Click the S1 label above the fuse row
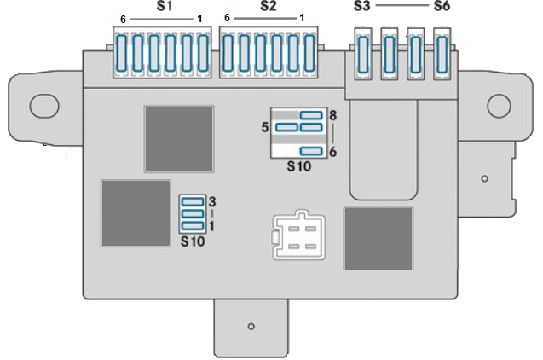click(x=165, y=6)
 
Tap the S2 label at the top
click(x=268, y=6)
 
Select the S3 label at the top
click(x=362, y=6)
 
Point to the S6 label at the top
click(x=442, y=6)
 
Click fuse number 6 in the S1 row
click(x=121, y=53)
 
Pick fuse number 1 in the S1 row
click(x=203, y=53)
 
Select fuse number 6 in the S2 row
click(x=227, y=53)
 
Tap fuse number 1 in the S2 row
click(x=309, y=53)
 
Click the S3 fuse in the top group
click(x=363, y=55)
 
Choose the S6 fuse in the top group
click(x=442, y=55)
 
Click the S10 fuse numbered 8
click(x=311, y=115)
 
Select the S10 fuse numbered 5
click(x=286, y=127)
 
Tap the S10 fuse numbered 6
click(x=311, y=151)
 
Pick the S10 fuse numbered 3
click(x=193, y=201)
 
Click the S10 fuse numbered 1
click(x=193, y=226)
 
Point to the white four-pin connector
click(x=299, y=235)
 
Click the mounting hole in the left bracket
click(x=44, y=105)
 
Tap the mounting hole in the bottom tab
click(x=251, y=326)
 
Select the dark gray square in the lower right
click(x=378, y=238)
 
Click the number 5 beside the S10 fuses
click(x=265, y=127)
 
